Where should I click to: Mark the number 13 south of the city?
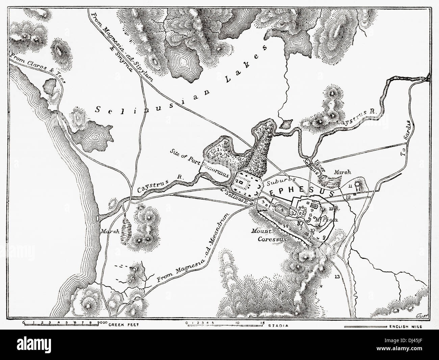pos(336,277)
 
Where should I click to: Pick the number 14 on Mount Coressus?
pos(286,226)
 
